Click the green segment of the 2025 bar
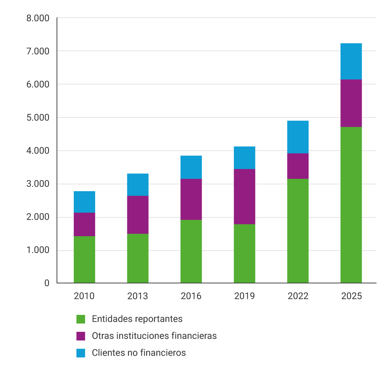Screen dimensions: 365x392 pos(351,205)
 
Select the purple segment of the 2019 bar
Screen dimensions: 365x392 pos(244,197)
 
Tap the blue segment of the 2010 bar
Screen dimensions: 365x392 pos(84,202)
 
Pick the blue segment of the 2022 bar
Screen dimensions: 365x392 pos(298,137)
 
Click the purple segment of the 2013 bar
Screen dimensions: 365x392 pos(138,215)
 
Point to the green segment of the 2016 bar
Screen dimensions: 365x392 pos(191,252)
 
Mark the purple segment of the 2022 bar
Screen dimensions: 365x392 pos(298,166)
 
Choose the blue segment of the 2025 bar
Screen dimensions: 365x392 pos(351,61)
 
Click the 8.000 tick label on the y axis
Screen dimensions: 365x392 pos(37,18)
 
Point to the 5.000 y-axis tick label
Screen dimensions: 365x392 pos(37,118)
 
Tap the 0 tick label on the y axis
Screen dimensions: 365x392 pos(47,283)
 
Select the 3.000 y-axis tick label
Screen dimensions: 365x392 pos(37,184)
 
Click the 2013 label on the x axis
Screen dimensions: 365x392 pos(138,296)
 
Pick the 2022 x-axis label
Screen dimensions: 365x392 pos(298,296)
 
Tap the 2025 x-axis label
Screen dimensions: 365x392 pos(351,296)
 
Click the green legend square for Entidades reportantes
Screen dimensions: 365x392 pos(81,319)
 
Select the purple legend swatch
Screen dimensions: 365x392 pos(81,336)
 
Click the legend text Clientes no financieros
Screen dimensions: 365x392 pos(139,353)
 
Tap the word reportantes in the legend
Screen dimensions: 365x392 pos(162,319)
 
